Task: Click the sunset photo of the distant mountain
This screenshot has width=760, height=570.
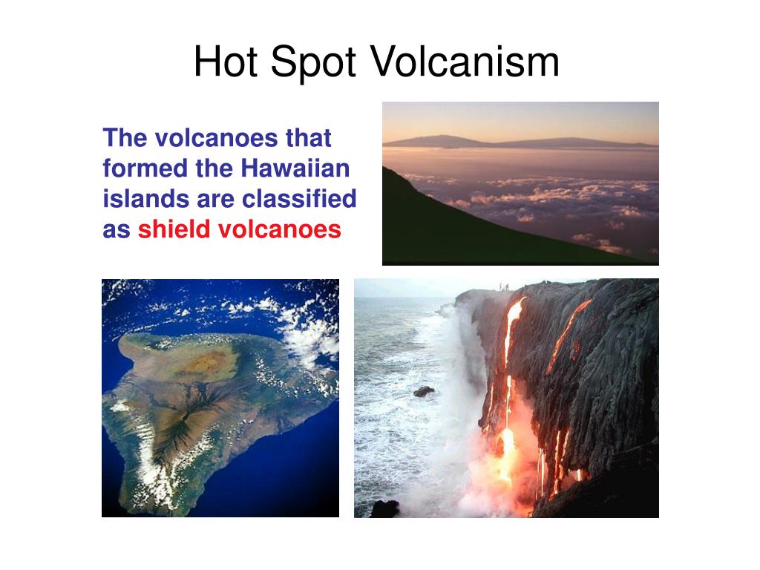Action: click(520, 183)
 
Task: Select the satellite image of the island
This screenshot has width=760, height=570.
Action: click(220, 398)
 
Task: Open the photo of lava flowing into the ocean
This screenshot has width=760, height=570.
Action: click(506, 398)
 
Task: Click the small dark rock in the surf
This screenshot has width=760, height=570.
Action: click(425, 390)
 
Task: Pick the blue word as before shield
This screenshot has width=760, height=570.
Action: click(117, 230)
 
